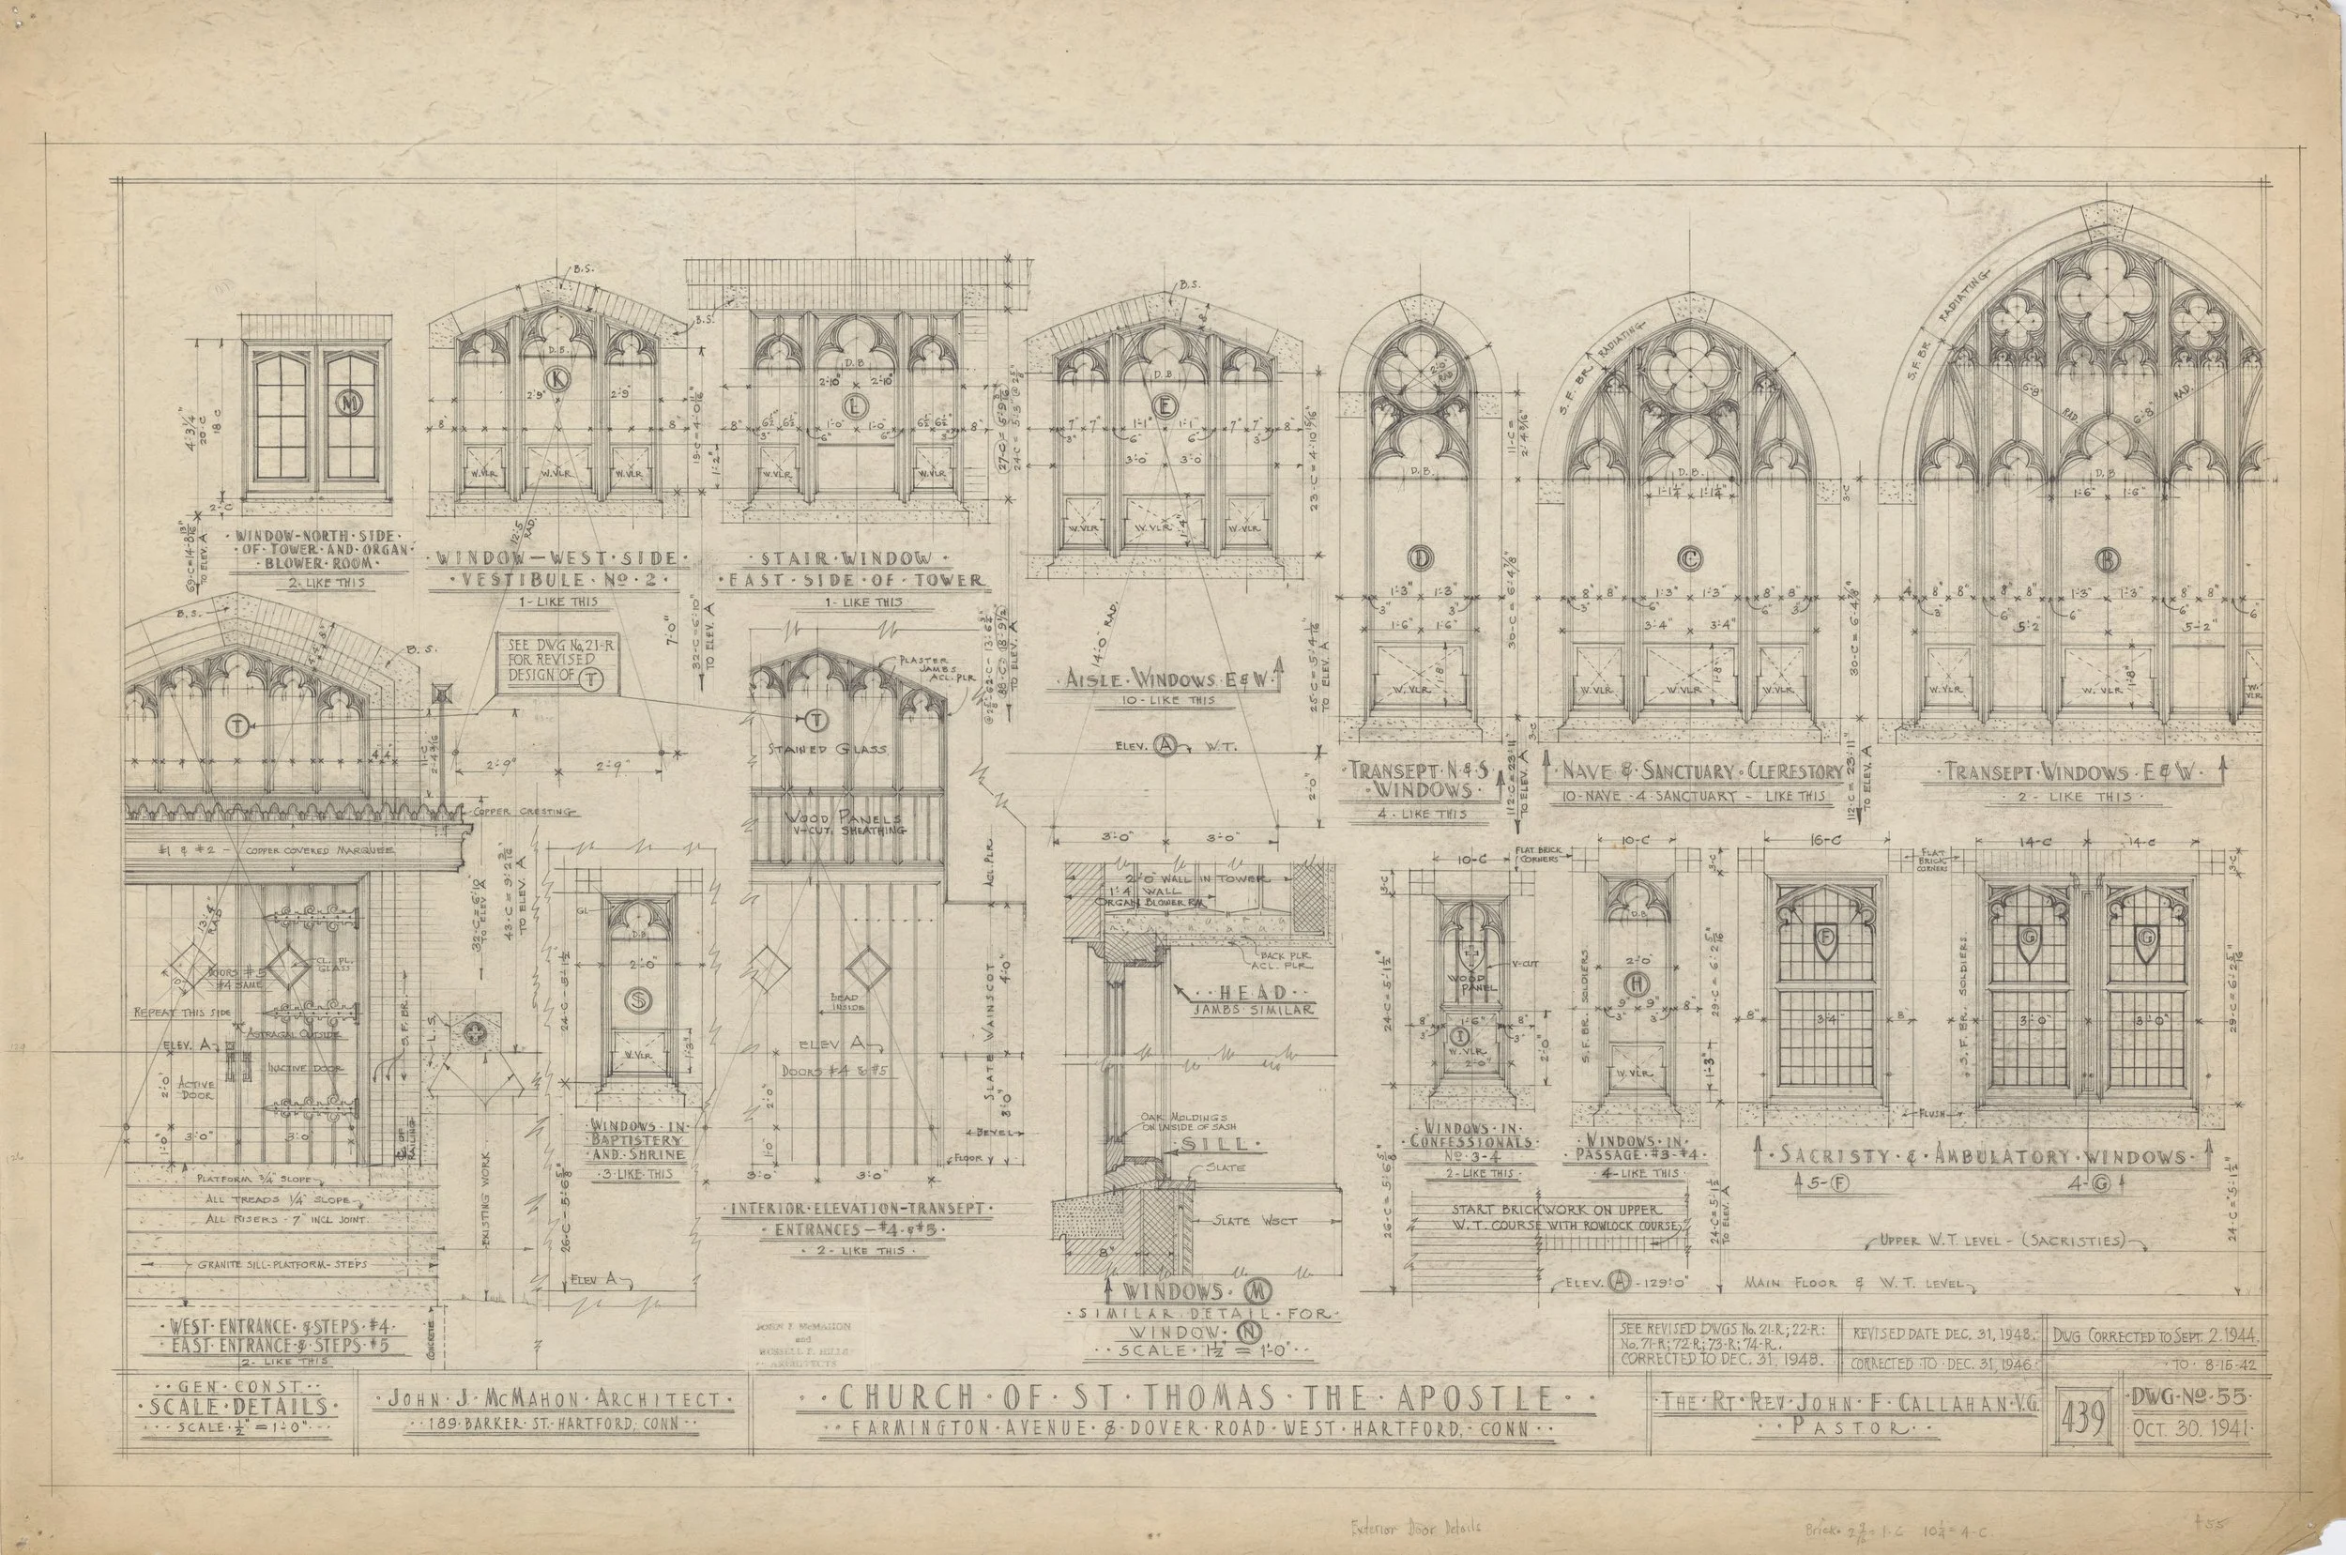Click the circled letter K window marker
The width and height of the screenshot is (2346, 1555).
point(559,378)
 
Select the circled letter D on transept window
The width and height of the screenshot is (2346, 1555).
point(1420,559)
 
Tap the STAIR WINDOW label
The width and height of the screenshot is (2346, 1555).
point(853,557)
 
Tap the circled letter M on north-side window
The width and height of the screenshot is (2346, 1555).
point(348,403)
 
